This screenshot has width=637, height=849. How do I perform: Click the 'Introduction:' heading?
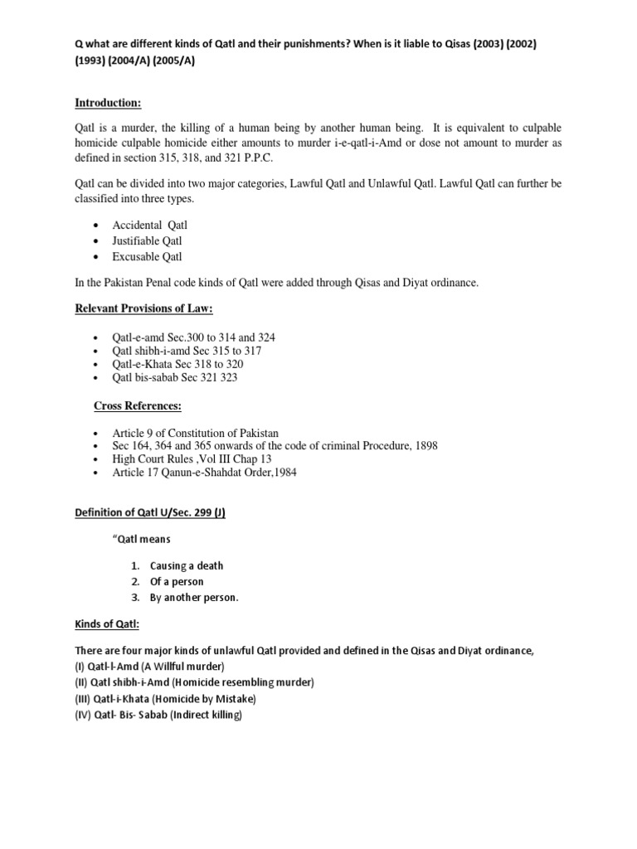tap(108, 103)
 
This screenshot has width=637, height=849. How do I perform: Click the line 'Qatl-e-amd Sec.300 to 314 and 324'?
tap(194, 337)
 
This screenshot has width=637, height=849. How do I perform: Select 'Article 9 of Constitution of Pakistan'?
tap(195, 433)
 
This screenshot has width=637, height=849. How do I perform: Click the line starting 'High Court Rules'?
tap(192, 458)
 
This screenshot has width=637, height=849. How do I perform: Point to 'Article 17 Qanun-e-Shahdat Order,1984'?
tap(204, 472)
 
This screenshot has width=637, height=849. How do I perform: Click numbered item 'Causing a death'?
tap(186, 565)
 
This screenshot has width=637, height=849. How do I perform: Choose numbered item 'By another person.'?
tap(194, 598)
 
